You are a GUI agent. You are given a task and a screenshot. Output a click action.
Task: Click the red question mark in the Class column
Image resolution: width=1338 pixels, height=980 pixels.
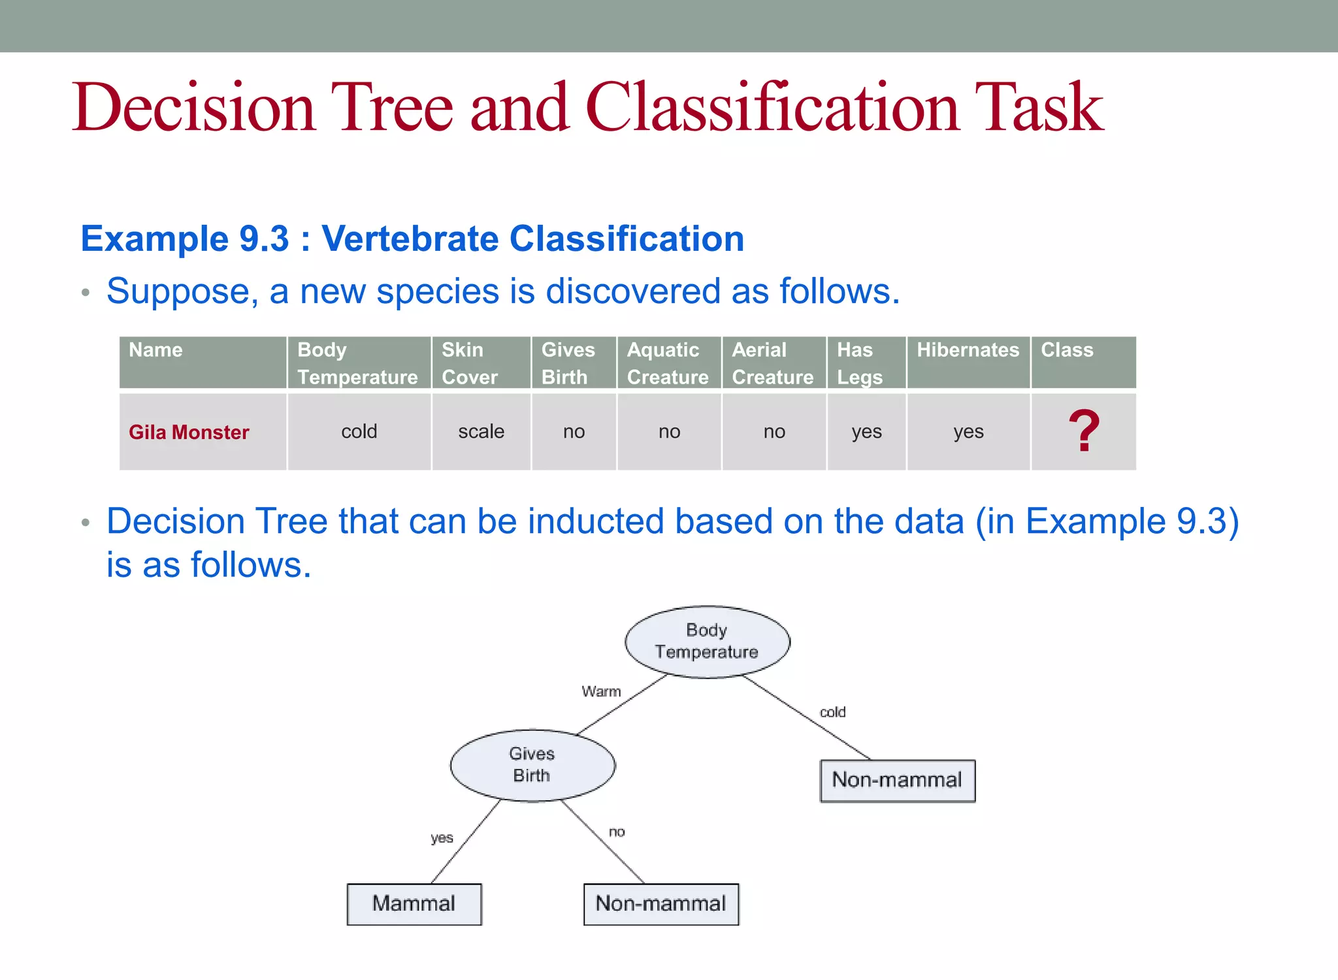click(1084, 431)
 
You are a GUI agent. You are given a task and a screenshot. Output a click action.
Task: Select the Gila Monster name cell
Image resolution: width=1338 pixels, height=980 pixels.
click(189, 432)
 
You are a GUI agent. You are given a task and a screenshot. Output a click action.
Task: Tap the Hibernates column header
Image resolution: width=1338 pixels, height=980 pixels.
click(968, 351)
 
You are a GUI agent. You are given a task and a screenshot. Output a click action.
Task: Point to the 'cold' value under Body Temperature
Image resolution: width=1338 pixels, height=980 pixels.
click(359, 432)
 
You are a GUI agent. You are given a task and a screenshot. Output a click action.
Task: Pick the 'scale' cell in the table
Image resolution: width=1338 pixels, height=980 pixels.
click(481, 432)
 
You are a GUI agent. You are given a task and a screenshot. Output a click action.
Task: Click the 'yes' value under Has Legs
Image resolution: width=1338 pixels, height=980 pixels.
click(866, 432)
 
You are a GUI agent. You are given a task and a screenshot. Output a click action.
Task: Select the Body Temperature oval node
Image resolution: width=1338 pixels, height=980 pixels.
click(707, 641)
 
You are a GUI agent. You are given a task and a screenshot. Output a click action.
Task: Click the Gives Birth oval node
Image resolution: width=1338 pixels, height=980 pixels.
click(532, 765)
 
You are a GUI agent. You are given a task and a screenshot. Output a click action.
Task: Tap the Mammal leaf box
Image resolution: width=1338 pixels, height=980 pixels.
click(414, 904)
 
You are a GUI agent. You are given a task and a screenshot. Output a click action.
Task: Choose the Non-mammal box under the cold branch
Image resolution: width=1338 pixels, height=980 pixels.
click(897, 780)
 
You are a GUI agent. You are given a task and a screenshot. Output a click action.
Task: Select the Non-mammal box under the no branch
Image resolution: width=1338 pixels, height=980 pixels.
click(661, 904)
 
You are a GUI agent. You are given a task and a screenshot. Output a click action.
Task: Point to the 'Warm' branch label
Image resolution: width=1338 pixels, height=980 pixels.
click(601, 691)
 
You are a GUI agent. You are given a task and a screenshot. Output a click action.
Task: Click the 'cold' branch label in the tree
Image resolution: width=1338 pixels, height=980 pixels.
click(832, 712)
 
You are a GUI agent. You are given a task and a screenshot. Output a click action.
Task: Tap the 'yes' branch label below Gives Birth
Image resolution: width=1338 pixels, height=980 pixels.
click(442, 838)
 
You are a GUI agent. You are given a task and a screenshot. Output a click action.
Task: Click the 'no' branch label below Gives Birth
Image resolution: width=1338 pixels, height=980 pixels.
click(617, 832)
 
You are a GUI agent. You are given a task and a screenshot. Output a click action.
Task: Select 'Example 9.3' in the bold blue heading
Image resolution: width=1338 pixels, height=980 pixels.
click(185, 238)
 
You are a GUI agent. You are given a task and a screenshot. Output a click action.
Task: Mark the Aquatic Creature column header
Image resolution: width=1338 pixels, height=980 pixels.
click(668, 363)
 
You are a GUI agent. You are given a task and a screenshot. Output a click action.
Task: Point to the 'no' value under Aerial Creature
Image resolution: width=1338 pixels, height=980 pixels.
click(774, 432)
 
